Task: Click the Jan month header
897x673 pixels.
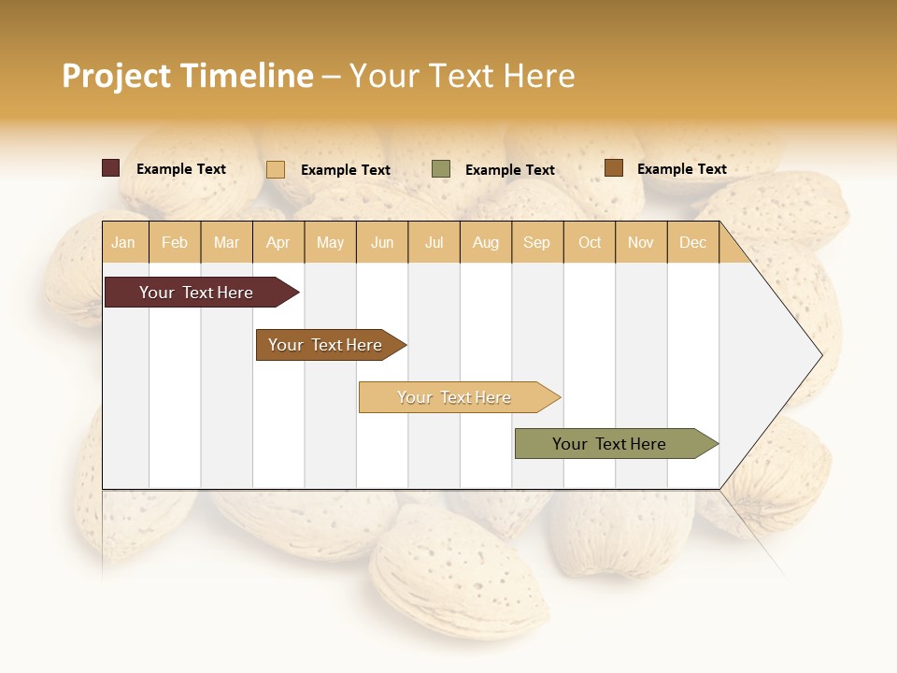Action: coord(123,242)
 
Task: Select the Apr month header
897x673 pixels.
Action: coord(278,242)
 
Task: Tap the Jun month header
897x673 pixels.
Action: coord(381,242)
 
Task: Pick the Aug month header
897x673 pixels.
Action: coord(485,242)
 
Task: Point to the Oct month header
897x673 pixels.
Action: coord(590,242)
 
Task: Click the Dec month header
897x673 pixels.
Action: coord(692,242)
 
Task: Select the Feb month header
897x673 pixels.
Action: coord(175,242)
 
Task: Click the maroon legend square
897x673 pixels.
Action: coord(110,168)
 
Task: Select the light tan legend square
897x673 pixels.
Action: coord(276,169)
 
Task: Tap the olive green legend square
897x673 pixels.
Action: coord(441,169)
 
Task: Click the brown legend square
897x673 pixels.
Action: coord(613,168)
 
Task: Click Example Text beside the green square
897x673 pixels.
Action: coord(509,170)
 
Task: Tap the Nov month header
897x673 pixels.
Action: coord(641,242)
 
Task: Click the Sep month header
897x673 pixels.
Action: coord(536,242)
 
